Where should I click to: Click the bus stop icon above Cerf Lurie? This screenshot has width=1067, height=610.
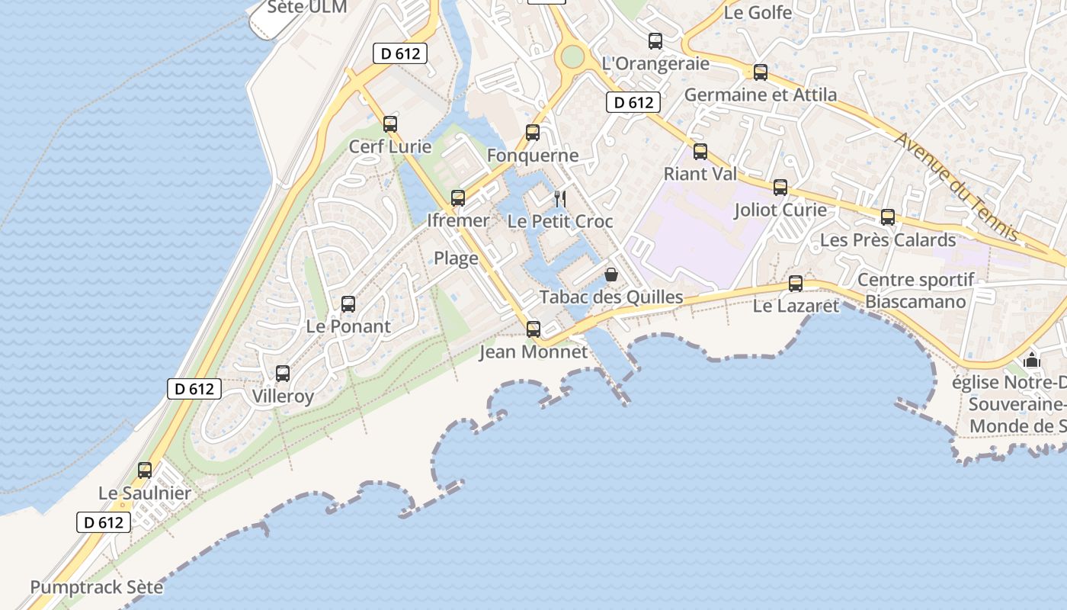pos(390,124)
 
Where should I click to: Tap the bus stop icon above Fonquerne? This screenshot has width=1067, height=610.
pos(533,133)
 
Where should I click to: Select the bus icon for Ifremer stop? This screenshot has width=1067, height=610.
pos(458,197)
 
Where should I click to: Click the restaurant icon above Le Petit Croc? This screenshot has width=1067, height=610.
pos(560,199)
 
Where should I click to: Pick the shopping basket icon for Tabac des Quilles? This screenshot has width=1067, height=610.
pos(611,274)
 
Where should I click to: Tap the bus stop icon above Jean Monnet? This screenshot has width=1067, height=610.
pos(533,329)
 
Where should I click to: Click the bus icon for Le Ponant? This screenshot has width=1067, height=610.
pos(348,303)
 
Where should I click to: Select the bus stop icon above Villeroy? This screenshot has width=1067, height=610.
pos(283,374)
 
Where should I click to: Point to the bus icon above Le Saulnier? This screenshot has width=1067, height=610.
pos(145,470)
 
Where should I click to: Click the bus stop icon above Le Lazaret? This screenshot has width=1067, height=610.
pos(796,284)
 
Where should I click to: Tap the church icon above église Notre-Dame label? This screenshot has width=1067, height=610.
pos(1032,360)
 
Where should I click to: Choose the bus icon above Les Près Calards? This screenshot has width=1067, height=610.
pos(888,217)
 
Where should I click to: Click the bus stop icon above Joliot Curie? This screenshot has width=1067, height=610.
pos(780,187)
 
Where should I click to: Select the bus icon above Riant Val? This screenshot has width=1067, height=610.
pos(700,151)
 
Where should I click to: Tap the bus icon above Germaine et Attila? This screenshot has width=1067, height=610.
pos(761,72)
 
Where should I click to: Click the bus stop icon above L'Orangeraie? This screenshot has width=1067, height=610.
pos(655,41)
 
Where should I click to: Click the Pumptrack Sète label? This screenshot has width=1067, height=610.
pos(97,587)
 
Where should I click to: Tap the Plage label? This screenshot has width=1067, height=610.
pos(456,258)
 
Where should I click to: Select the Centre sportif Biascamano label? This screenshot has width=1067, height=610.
pos(915,291)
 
